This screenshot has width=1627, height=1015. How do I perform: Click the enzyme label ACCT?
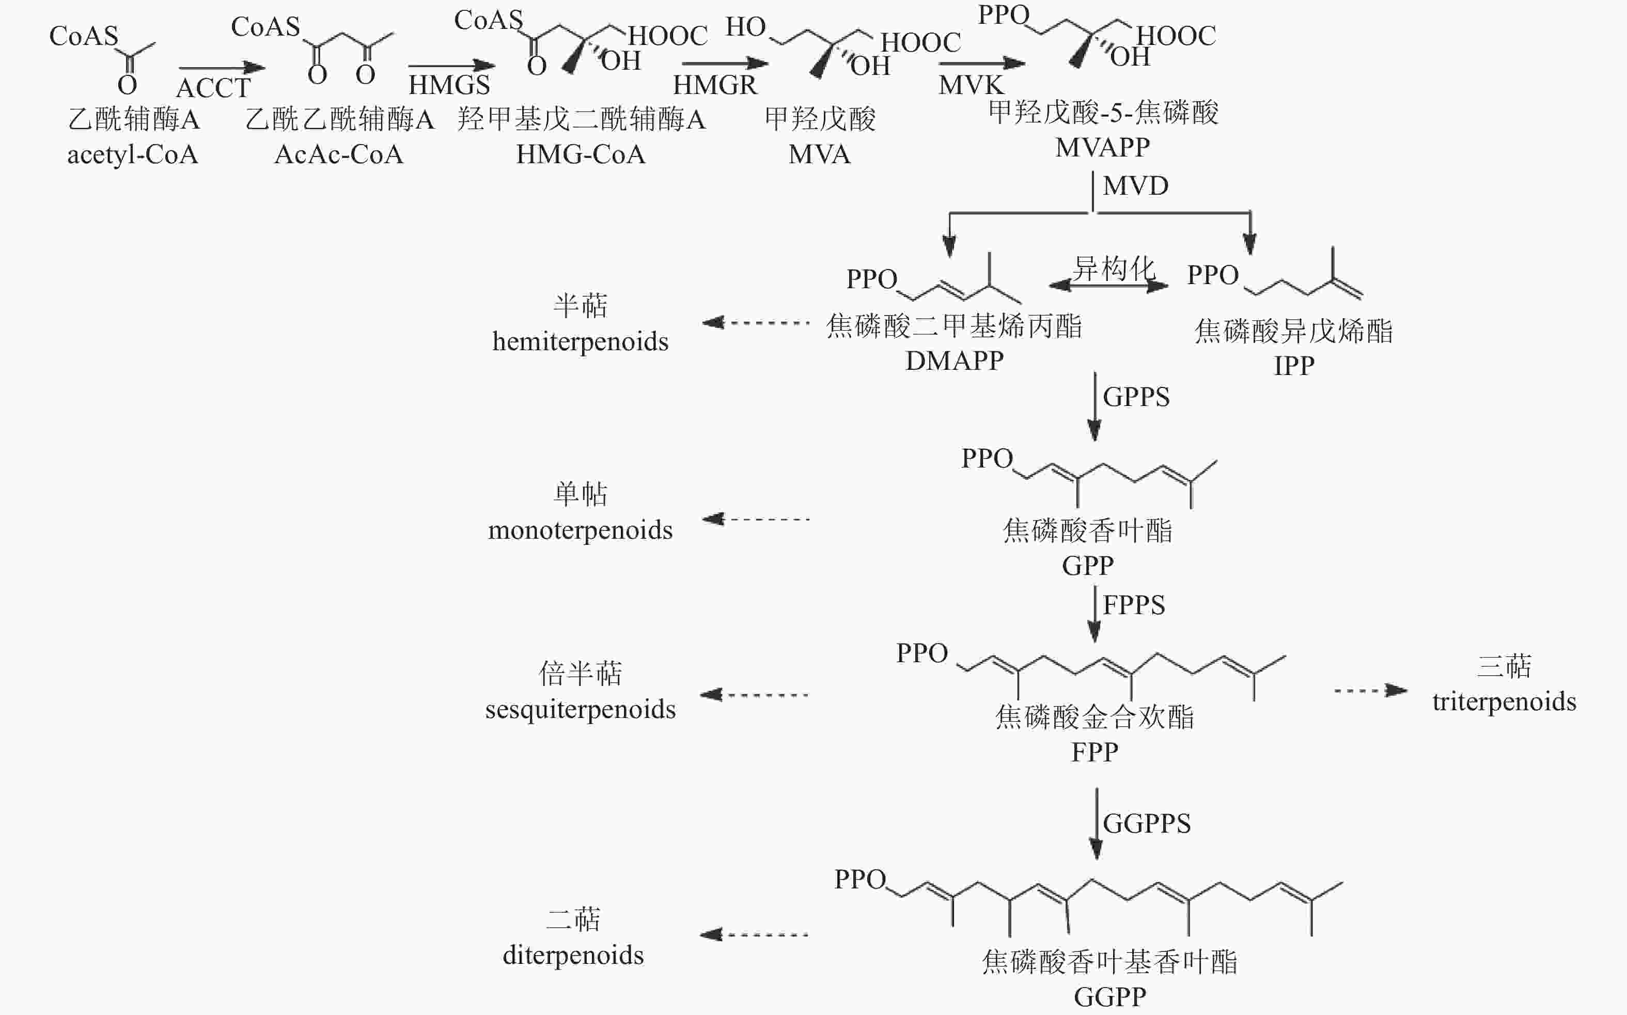pyautogui.click(x=213, y=87)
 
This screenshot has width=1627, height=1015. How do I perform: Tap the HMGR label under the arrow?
pyautogui.click(x=715, y=85)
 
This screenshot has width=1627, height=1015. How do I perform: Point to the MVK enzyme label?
pyautogui.click(x=971, y=85)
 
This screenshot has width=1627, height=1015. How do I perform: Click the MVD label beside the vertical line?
pyautogui.click(x=1136, y=185)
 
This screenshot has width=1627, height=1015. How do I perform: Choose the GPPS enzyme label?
pyautogui.click(x=1136, y=397)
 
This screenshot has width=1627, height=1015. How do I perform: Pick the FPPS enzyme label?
pyautogui.click(x=1134, y=605)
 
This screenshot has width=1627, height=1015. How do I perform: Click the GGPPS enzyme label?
pyautogui.click(x=1147, y=823)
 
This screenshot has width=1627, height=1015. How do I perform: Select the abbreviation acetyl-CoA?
pyautogui.click(x=133, y=154)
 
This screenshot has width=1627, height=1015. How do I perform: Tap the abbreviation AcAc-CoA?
pyautogui.click(x=339, y=154)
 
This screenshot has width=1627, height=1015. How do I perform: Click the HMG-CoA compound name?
pyautogui.click(x=581, y=154)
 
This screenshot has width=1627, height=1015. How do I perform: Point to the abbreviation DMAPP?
pyautogui.click(x=955, y=361)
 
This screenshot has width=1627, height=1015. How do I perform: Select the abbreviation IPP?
pyautogui.click(x=1294, y=365)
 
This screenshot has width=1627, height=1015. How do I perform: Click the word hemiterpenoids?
pyautogui.click(x=581, y=341)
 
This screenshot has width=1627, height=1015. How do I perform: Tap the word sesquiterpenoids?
pyautogui.click(x=581, y=709)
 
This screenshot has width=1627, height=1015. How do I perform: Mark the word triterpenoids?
pyautogui.click(x=1504, y=701)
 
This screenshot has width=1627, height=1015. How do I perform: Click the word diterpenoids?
pyautogui.click(x=573, y=955)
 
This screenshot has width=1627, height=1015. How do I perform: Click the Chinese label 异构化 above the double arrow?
pyautogui.click(x=1114, y=269)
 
